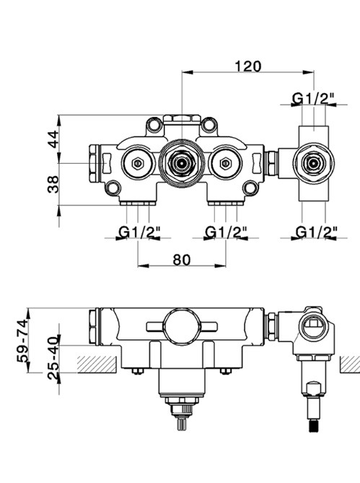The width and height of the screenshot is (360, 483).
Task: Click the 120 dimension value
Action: click(247, 66)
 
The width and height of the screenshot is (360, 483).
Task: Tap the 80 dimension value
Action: click(182, 259)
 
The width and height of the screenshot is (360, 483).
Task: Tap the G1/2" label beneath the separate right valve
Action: click(317, 232)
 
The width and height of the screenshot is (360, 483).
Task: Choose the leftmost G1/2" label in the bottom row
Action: click(137, 232)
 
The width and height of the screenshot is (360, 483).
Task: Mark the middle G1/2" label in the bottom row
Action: click(226, 232)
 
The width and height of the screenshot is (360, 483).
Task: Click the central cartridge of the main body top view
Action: click(180, 164)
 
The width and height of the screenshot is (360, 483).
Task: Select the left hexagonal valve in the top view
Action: click(137, 164)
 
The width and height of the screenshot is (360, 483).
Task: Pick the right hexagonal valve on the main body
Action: click(225, 164)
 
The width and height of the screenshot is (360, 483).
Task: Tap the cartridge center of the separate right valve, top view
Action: click(313, 164)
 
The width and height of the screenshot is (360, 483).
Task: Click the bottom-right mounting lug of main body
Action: click(250, 189)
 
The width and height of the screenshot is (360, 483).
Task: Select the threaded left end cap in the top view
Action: click(92, 164)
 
